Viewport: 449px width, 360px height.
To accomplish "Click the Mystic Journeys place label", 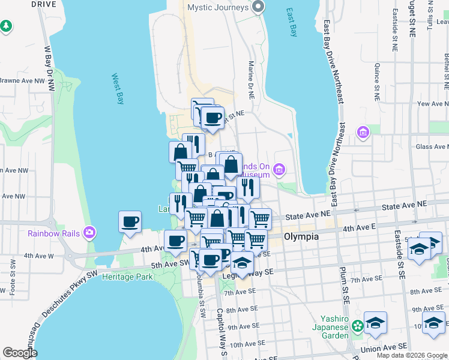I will point(217,7).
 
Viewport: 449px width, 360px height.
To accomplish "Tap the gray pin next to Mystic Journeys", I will point(259,7).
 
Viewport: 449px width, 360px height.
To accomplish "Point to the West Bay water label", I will point(118,89).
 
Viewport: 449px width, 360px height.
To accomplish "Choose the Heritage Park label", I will point(128,277).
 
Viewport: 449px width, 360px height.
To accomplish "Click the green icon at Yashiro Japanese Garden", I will point(358,326).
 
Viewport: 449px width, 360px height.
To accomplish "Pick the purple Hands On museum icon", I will point(279,170).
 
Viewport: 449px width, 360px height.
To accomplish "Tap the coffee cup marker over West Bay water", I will point(130,221).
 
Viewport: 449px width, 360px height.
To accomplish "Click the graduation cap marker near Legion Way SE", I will point(242,262).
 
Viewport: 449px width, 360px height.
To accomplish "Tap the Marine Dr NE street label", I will point(250,77).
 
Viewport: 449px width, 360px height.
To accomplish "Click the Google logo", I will point(20,353).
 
